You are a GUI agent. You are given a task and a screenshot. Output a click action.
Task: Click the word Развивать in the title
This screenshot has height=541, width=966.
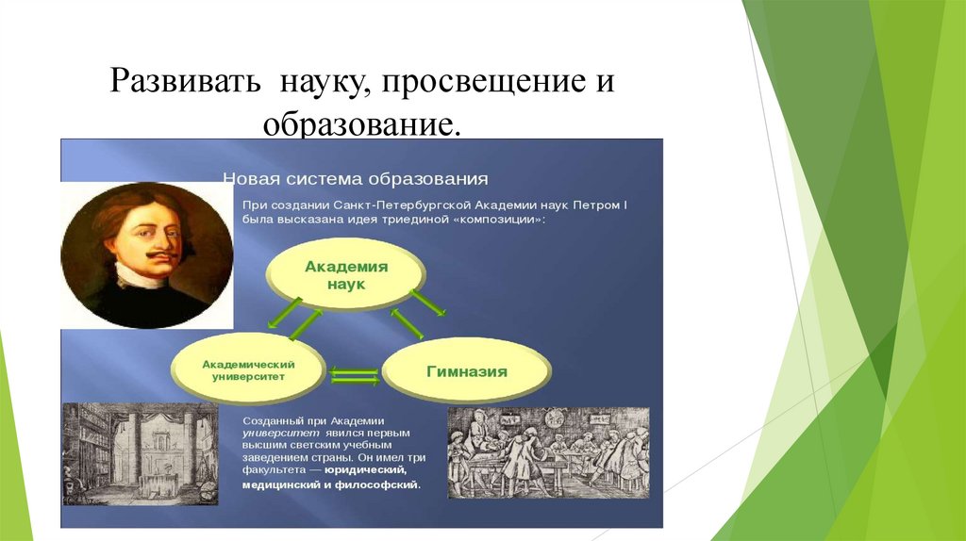click(x=186, y=81)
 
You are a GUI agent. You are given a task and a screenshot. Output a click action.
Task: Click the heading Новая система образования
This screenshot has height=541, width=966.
click(x=356, y=179)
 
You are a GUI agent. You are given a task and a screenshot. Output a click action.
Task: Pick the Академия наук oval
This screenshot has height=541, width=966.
click(x=345, y=274)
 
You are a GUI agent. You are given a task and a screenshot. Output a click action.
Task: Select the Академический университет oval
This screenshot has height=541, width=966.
click(x=248, y=369)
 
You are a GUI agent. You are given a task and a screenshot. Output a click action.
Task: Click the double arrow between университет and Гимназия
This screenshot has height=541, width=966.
click(x=355, y=376)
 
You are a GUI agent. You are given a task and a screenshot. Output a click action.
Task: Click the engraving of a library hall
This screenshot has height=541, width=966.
click(x=141, y=454)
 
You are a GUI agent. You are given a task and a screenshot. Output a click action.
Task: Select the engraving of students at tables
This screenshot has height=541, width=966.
click(x=548, y=453)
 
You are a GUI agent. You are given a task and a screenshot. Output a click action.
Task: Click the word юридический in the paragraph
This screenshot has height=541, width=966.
click(x=366, y=470)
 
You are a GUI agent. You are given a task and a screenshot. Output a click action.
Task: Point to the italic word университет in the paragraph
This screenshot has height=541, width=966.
click(x=281, y=434)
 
